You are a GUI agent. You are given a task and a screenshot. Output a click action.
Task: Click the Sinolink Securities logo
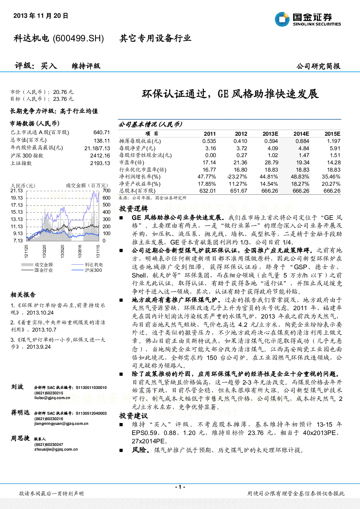point(308,19)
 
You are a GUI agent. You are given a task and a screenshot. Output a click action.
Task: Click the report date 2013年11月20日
point(41,16)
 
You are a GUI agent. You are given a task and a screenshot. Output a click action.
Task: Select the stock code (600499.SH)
point(78,38)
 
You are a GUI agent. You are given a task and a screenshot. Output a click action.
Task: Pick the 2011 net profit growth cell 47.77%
point(206,177)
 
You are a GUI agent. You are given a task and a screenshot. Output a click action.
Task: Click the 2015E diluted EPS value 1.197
point(334,141)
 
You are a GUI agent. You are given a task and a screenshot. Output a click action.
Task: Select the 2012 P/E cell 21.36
point(241,162)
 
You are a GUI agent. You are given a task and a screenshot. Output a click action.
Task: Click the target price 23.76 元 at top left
point(63,99)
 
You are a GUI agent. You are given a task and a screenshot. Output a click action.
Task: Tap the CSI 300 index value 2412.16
point(100,155)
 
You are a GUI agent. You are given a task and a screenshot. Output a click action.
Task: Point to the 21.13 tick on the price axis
point(17,190)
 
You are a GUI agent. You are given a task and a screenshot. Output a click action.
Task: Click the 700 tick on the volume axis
point(106,190)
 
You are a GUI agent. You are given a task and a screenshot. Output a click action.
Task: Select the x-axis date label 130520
point(62,251)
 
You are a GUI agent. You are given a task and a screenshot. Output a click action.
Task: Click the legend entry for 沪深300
point(87,270)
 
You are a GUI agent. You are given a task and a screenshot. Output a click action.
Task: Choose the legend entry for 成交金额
point(37,265)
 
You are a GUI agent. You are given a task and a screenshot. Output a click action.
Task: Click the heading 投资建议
point(134,416)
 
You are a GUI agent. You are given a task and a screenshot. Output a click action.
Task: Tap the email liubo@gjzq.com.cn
point(52,398)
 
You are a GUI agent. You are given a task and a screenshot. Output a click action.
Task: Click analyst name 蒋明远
point(20,412)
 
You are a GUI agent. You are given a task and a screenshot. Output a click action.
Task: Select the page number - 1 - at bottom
point(180,487)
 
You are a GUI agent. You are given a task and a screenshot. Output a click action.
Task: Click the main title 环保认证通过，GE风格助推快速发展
point(230,94)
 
